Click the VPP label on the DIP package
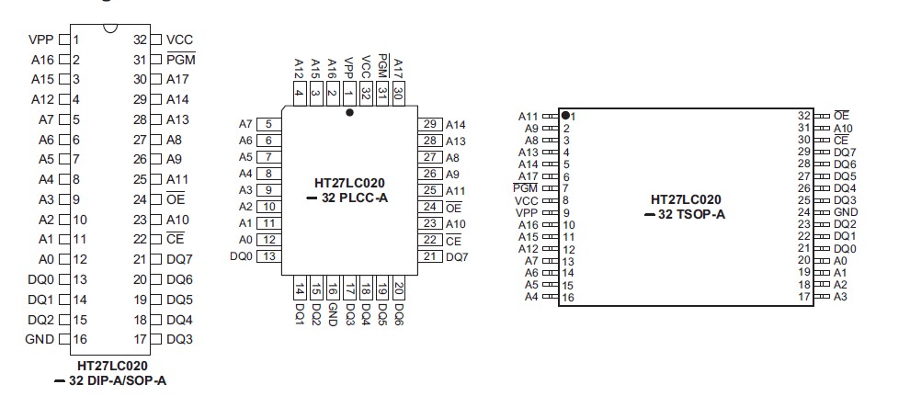coord(41,40)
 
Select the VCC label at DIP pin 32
coord(179,40)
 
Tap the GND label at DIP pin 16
coord(41,339)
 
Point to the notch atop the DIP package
coord(110,29)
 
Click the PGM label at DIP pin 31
coord(180,60)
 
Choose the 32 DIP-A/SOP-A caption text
coord(117,379)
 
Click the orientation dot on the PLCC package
coord(349,113)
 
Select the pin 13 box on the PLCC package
coord(269,255)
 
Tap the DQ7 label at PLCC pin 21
coord(457,256)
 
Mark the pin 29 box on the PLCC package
coord(430,124)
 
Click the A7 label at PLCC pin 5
coord(245,124)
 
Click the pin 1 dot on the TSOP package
coord(564,115)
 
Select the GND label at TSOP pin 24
coord(845,211)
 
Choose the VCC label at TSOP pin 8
coord(527,199)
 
